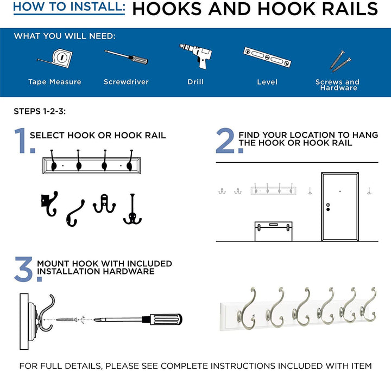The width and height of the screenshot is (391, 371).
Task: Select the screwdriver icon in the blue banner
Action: click(126, 57)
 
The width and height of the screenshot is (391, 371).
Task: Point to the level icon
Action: click(267, 57)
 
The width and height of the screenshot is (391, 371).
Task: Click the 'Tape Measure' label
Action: click(55, 82)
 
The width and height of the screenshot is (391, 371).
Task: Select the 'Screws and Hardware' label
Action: click(338, 85)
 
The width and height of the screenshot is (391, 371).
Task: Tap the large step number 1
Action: click(21, 141)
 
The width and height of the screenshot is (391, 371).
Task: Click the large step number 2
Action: click(225, 141)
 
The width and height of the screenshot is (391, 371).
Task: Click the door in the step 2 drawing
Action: click(339, 206)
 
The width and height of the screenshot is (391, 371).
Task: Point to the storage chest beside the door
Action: click(274, 231)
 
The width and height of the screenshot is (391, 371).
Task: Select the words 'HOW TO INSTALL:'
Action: click(69, 8)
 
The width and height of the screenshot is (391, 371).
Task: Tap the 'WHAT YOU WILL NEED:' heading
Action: click(65, 36)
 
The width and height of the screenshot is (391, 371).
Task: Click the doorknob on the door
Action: click(328, 206)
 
